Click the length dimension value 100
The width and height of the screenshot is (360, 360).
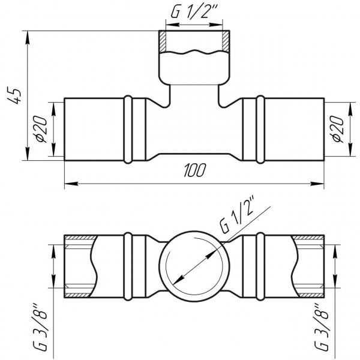coord(194,171)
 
